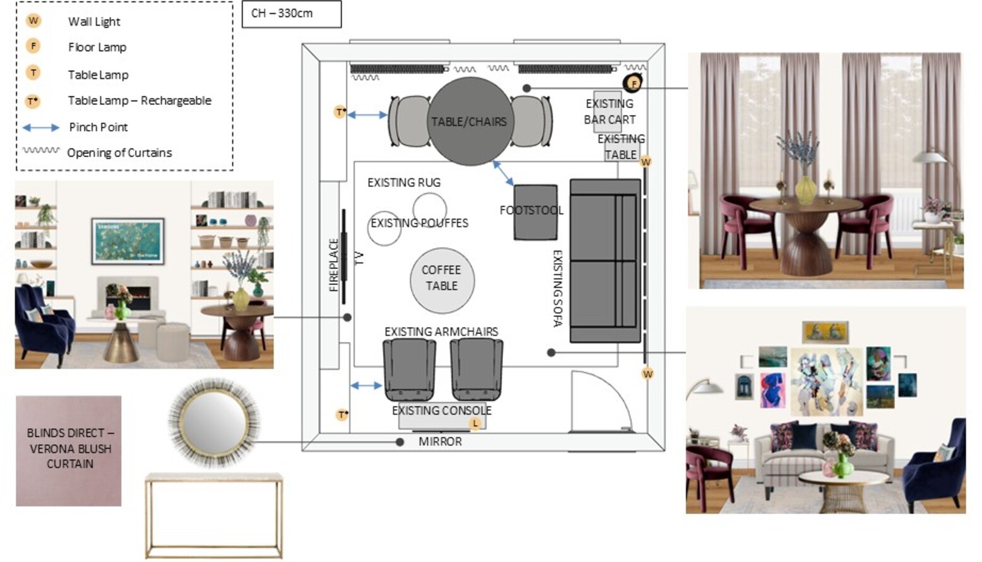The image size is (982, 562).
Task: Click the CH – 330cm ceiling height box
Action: (x=292, y=14)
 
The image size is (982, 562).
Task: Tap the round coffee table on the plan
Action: (x=442, y=280)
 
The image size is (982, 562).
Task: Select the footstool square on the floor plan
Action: (x=535, y=212)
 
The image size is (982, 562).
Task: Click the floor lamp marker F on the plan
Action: (x=632, y=83)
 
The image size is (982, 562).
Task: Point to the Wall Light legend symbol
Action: (x=33, y=21)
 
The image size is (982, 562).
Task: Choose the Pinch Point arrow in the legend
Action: (x=41, y=128)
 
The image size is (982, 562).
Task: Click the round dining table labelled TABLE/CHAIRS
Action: (x=470, y=121)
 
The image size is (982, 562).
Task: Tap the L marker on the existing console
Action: (x=475, y=423)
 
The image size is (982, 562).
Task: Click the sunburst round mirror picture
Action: (x=214, y=422)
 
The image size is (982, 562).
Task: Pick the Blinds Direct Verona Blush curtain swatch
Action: (x=69, y=451)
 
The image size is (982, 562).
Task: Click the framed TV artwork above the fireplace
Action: (x=128, y=241)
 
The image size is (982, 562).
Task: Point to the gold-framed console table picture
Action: (x=214, y=516)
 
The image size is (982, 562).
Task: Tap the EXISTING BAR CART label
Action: (x=610, y=111)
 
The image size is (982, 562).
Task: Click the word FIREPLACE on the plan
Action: (x=334, y=265)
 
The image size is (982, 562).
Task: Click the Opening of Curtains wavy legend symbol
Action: (x=41, y=150)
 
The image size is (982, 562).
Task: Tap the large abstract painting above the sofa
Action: (x=827, y=381)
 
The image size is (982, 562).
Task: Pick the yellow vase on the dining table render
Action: (x=806, y=189)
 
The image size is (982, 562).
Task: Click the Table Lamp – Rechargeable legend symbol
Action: (x=33, y=101)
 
